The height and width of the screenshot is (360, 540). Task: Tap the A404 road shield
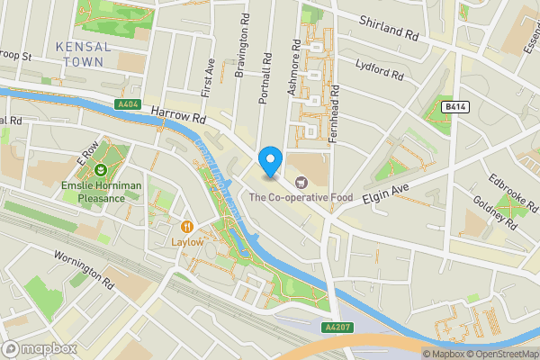click(x=129, y=105)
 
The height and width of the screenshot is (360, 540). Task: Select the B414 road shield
click(x=454, y=107)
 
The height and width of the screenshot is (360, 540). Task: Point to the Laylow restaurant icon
click(x=187, y=227)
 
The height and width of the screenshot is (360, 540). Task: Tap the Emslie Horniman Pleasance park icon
click(x=101, y=169)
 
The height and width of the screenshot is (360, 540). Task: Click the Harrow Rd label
click(x=178, y=115)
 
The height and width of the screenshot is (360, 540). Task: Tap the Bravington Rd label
click(x=239, y=45)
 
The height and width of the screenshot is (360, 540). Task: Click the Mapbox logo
click(x=37, y=348)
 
